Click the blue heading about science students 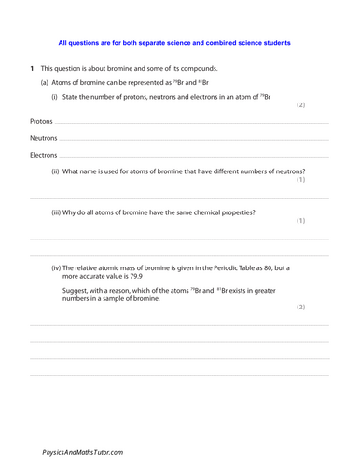173,42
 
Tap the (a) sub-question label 44,83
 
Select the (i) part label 55,98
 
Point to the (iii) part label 57,212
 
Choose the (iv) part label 57,267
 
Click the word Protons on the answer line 41,122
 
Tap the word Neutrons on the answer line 43,138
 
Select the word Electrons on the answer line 43,154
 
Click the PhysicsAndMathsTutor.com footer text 82,451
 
